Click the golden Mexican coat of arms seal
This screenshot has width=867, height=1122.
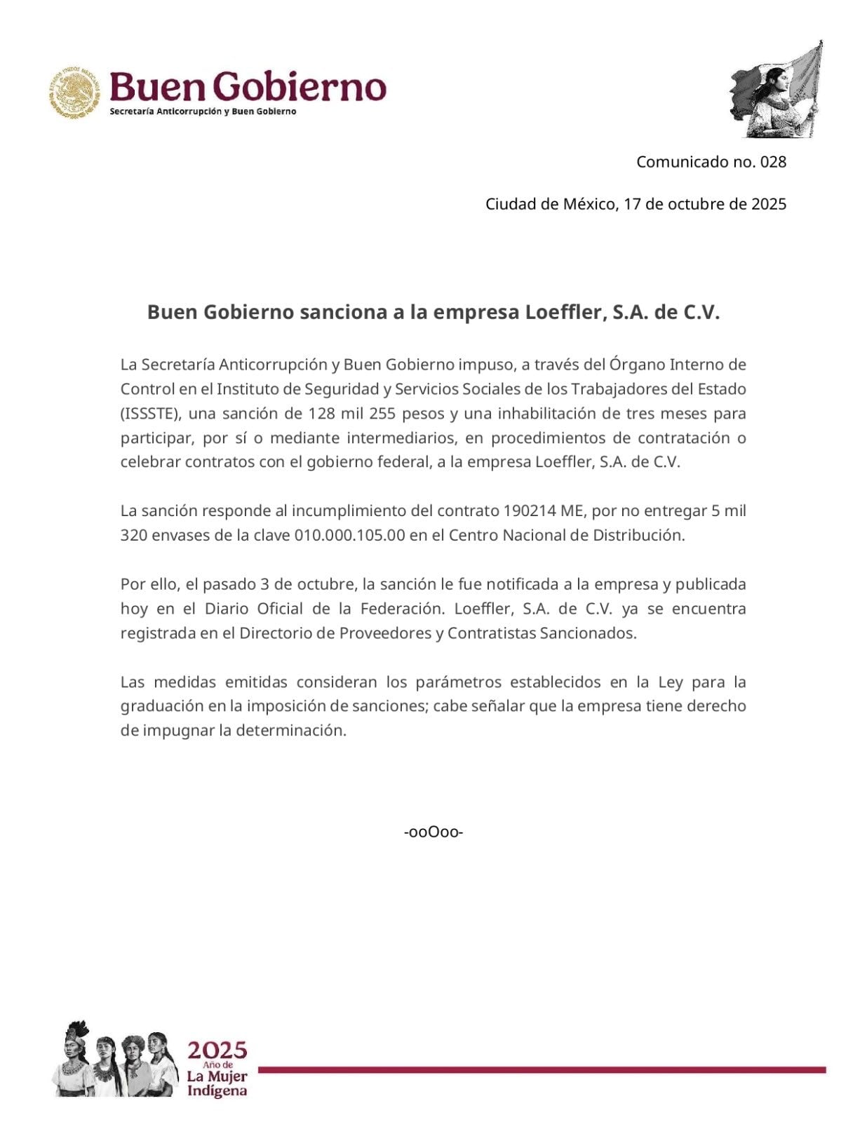(75, 93)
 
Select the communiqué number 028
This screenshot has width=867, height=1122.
(773, 162)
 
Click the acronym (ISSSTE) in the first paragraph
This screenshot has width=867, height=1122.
(151, 413)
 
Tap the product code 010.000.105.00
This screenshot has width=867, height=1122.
(350, 535)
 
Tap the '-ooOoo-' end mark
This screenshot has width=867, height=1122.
(433, 832)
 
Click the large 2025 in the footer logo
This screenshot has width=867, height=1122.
(217, 1050)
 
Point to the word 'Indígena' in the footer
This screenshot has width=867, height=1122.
(217, 1090)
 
